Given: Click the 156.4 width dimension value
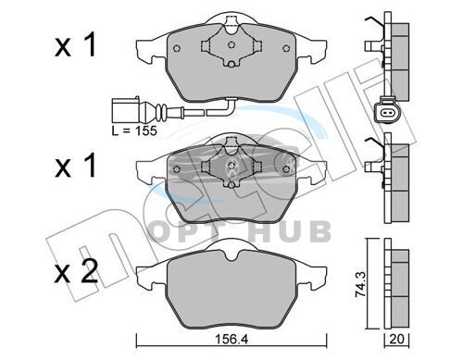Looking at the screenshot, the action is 231,340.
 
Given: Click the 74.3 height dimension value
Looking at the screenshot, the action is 360,284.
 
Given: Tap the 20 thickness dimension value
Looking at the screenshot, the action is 396,340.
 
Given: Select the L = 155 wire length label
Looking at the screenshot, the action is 134,130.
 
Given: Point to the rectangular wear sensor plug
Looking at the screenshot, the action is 126,110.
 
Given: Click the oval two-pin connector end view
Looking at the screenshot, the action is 386,112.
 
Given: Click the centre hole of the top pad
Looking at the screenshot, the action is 231,45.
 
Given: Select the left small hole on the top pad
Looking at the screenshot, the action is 177,48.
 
